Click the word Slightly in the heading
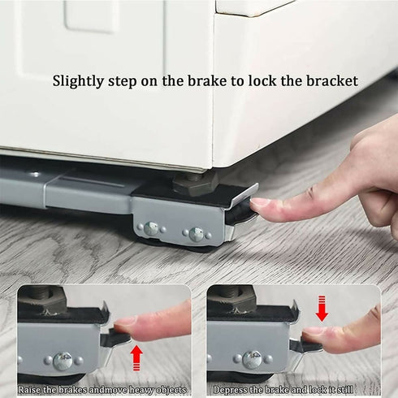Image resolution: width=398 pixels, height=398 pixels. [80, 81]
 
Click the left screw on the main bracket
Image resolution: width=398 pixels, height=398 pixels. [151, 230]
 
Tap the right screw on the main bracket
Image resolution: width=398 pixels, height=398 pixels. [196, 235]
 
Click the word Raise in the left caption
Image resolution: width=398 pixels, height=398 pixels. [32, 390]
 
